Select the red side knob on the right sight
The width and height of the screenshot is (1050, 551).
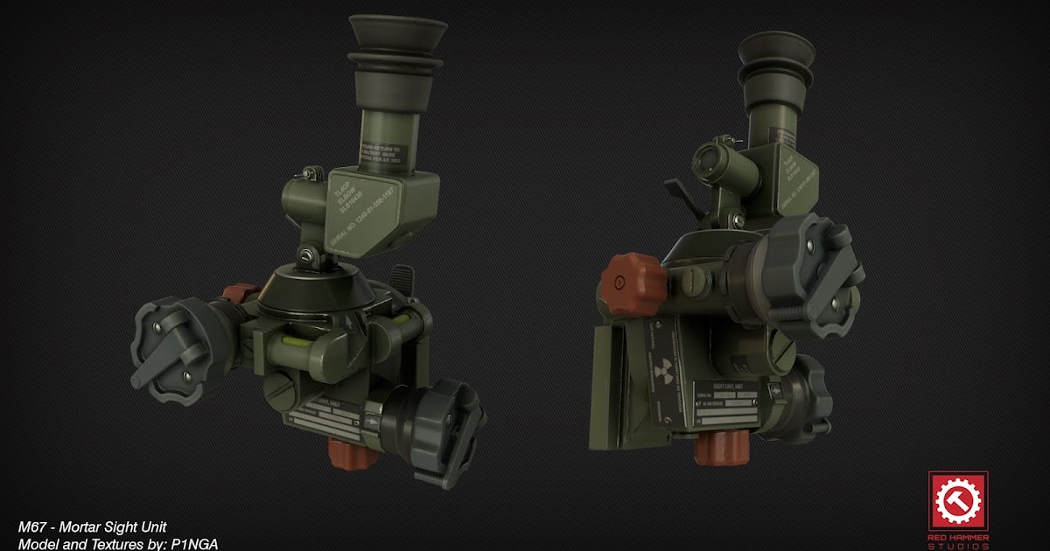coord(633,283)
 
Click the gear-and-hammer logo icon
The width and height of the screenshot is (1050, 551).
coord(958,502)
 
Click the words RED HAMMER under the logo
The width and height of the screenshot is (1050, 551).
coord(958,537)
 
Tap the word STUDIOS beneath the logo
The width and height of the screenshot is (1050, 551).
coord(958,547)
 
